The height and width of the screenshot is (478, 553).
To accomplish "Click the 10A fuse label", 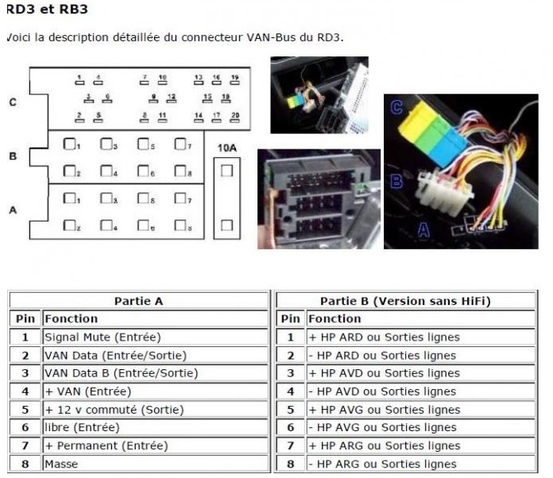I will click(226, 147).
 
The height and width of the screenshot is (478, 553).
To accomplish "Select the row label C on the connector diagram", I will click(12, 102).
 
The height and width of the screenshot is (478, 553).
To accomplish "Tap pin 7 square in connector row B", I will click(180, 145).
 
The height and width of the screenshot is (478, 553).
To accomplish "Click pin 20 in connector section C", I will click(234, 116).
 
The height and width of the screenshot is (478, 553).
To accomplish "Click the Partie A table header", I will click(139, 301).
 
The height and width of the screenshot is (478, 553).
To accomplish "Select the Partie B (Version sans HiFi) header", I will click(405, 301).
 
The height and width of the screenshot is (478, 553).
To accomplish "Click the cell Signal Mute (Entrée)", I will click(102, 337).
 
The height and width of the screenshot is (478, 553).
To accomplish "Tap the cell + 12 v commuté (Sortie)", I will click(114, 410).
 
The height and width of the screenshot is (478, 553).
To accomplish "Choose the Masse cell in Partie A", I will click(61, 464).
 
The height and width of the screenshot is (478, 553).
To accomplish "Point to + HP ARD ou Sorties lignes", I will click(385, 337).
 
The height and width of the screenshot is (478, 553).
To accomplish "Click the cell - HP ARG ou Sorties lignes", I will click(382, 464).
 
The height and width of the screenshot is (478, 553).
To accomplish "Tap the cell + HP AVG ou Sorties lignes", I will click(385, 410).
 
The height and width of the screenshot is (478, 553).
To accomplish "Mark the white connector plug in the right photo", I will click(443, 187).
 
